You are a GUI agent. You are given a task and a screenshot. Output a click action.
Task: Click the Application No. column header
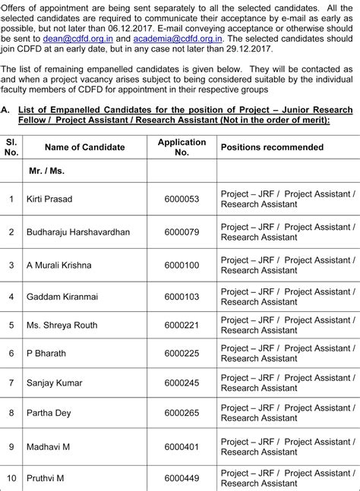pos(182,147)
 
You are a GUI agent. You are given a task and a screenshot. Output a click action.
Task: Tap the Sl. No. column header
pos(11,147)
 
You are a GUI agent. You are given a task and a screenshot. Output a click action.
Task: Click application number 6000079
pos(182,231)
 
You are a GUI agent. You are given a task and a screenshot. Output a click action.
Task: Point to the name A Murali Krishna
pos(58,265)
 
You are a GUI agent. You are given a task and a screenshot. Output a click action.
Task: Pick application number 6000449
pos(182,478)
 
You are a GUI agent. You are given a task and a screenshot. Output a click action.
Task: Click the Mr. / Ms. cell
pos(46,172)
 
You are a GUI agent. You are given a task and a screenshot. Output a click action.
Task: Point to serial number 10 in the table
pos(11,478)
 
